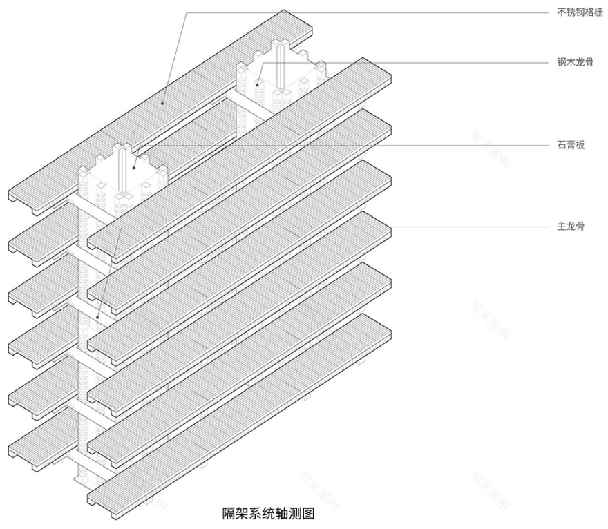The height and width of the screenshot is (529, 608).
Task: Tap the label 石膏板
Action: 571,146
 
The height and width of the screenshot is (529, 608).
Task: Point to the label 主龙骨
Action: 571,226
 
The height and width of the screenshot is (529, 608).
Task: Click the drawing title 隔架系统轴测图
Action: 268,513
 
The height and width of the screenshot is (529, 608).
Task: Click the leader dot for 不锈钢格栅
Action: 163,103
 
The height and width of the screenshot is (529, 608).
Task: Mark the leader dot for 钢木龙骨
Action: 257,84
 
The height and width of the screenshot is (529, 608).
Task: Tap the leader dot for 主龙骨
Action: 99,317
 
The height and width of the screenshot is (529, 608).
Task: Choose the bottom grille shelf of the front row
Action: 238,407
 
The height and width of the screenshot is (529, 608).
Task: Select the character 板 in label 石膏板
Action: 580,146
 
